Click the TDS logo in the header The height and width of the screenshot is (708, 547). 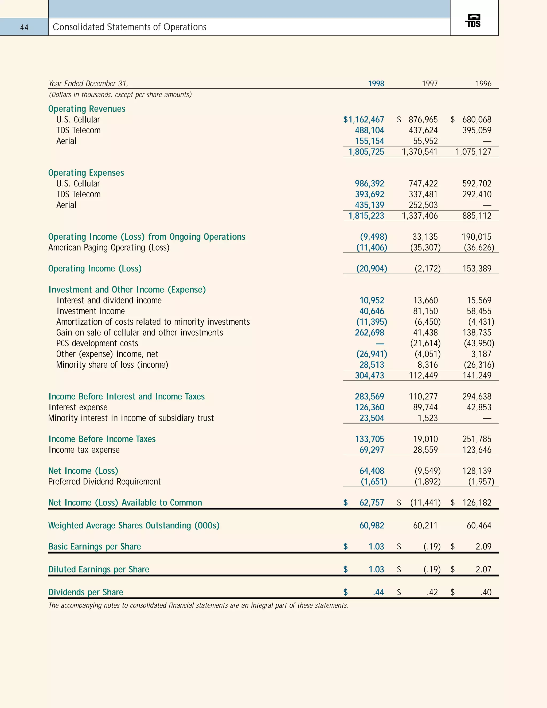click(474, 21)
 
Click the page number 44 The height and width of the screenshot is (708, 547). click(24, 28)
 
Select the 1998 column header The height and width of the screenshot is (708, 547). click(376, 84)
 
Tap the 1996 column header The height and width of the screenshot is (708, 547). click(483, 84)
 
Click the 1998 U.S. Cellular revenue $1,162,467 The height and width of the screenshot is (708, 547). click(364, 120)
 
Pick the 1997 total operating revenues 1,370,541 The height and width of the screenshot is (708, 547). click(420, 152)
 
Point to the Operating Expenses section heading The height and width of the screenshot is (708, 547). click(86, 173)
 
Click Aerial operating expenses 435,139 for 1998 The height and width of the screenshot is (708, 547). click(369, 205)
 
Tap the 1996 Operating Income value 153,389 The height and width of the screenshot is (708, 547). click(477, 269)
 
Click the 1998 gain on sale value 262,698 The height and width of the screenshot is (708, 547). click(369, 333)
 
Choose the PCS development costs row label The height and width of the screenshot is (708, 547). click(97, 343)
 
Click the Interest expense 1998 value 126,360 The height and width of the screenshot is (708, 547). click(369, 407)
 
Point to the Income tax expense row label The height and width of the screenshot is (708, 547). click(84, 450)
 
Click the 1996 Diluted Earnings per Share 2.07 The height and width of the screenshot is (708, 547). click(483, 570)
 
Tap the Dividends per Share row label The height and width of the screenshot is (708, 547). click(85, 592)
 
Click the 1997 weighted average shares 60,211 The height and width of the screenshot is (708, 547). click(425, 526)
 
